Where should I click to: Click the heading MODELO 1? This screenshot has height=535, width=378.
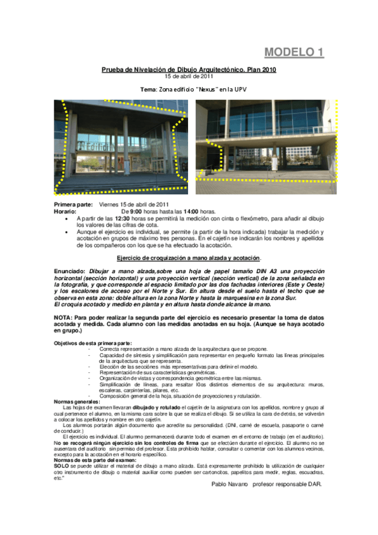point(293,52)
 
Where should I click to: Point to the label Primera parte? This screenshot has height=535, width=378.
point(73,204)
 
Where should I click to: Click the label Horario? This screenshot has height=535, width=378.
point(67,211)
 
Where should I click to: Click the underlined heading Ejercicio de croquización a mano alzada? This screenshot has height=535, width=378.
point(189,258)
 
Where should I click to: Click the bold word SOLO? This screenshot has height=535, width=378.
point(61,466)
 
